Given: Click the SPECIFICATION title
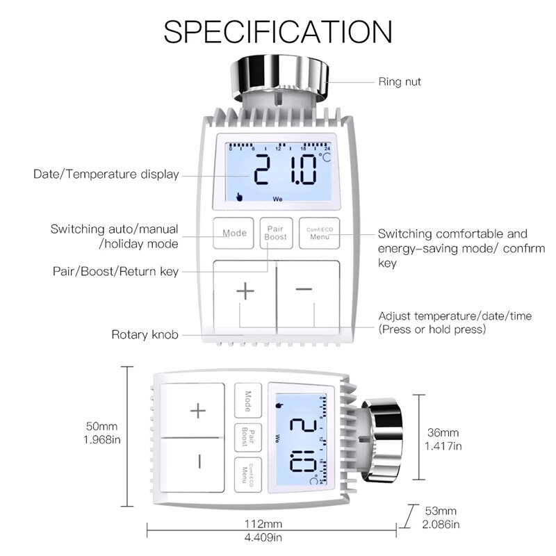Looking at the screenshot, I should click(x=277, y=31).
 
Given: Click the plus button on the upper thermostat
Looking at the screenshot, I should click(x=245, y=292).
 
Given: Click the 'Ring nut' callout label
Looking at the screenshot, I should click(x=400, y=82).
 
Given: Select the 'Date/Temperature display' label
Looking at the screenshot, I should click(x=106, y=174).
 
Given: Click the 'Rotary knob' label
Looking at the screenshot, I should click(x=145, y=335).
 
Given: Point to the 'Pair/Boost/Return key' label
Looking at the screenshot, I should click(x=116, y=271).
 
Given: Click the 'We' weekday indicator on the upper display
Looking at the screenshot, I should click(x=277, y=198).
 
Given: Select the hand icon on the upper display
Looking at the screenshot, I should click(x=239, y=196).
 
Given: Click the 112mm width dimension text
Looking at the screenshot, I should click(x=263, y=523).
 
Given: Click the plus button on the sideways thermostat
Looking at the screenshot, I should click(x=199, y=411).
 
